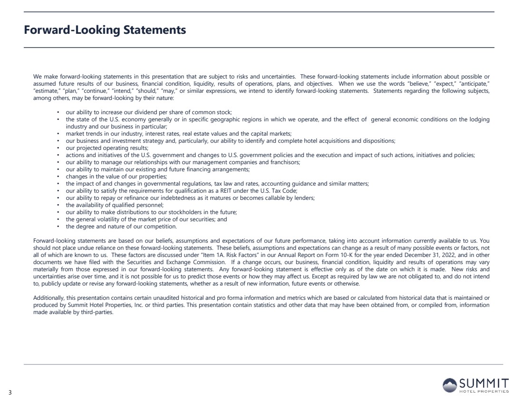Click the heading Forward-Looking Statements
tap(105, 30)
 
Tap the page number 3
tap(10, 392)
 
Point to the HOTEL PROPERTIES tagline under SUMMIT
tap(484, 392)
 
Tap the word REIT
tap(223, 190)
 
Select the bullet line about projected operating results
tap(107, 148)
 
